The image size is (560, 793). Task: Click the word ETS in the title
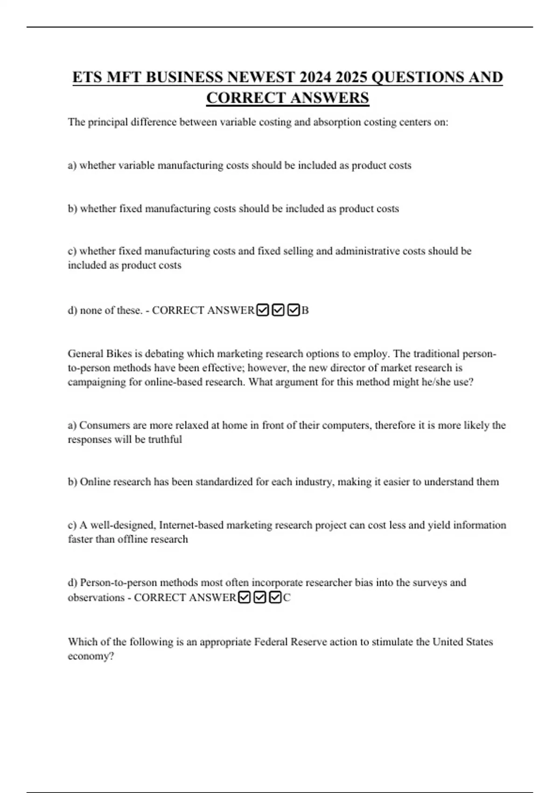point(87,77)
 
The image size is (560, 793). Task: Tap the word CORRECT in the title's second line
point(245,98)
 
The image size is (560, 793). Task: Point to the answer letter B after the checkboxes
point(305,310)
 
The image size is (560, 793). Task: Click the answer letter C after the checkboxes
point(287,598)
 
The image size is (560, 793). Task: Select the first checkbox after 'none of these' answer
point(263,310)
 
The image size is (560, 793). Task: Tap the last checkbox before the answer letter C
point(275,598)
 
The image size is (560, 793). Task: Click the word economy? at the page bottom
point(91,656)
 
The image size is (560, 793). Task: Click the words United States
point(462,642)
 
